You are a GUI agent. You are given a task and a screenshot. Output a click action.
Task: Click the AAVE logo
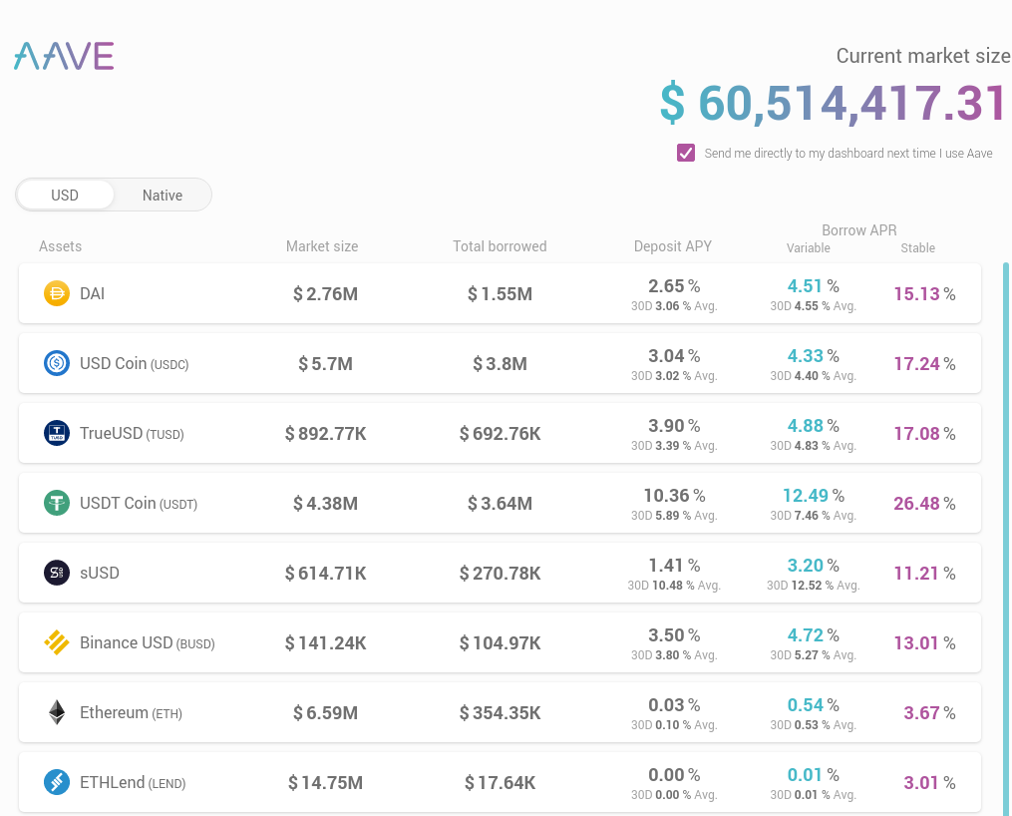coord(64,56)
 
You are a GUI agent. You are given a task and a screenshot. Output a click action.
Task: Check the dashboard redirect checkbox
coord(685,153)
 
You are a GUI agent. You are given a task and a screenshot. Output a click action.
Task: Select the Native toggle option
coord(163,195)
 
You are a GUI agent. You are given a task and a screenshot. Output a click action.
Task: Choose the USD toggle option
coord(65,195)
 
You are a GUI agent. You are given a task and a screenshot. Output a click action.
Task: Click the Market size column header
coord(322,246)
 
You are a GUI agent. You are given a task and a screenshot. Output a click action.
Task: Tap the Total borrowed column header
coord(500,246)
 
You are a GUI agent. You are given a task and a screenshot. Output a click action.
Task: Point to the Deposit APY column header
coord(673,246)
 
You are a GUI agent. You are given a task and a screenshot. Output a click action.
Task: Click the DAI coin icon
coord(57,293)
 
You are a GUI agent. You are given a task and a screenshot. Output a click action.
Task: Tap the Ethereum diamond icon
coord(57,712)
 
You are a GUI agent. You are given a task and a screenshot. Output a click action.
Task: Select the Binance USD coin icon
coord(57,642)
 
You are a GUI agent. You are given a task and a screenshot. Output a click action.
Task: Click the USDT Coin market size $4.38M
coord(325,504)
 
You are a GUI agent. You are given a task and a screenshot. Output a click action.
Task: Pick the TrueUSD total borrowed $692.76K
coord(501,434)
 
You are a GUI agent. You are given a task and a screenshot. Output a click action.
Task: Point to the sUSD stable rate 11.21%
coord(924,574)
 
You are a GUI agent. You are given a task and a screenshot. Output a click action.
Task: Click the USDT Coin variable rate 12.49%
coord(814,495)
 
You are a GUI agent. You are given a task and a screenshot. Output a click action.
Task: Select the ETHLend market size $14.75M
coord(325,783)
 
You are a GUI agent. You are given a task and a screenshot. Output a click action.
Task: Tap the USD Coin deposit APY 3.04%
coord(674,356)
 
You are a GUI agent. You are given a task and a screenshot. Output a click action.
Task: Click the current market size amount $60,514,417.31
coord(833,103)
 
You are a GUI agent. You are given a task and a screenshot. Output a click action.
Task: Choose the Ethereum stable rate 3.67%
coord(929,712)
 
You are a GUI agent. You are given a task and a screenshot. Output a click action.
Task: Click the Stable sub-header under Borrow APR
coord(917,248)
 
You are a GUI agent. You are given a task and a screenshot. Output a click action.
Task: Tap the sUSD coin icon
coord(57,573)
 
